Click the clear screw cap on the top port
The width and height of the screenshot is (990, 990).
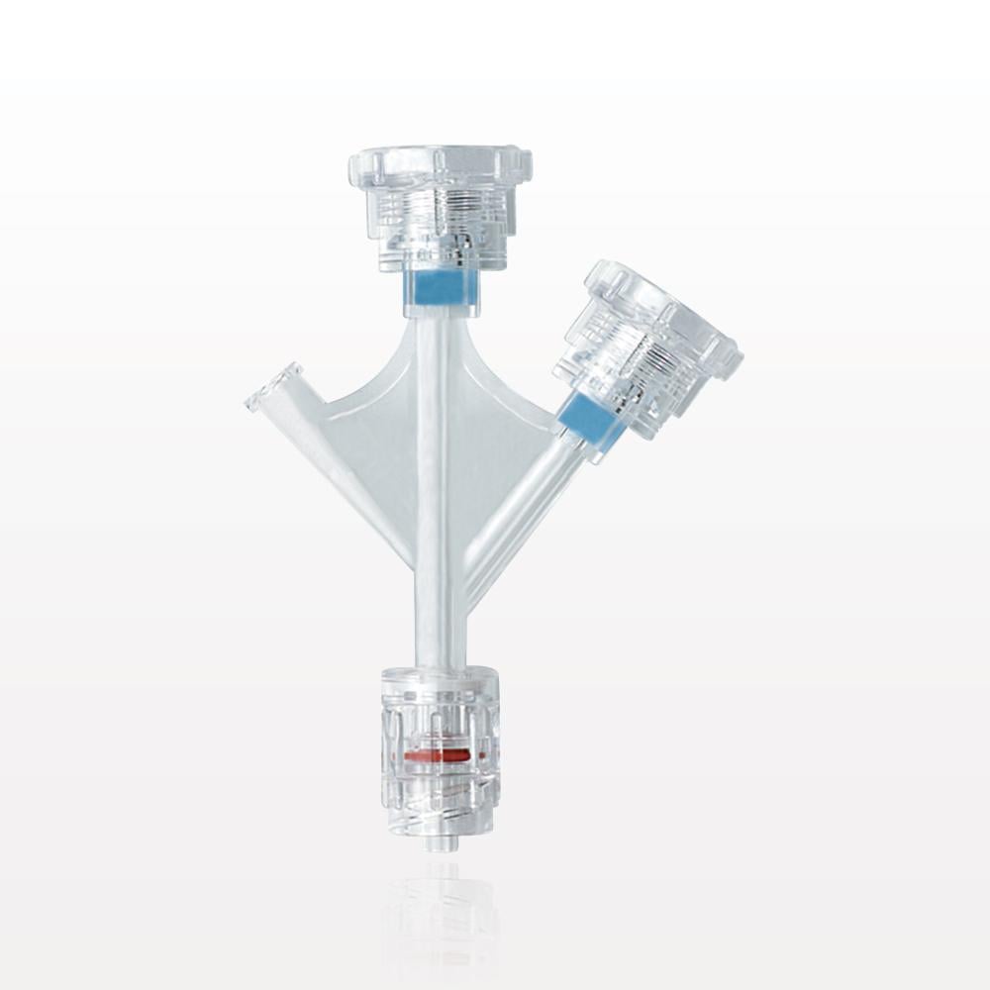pos(442,213)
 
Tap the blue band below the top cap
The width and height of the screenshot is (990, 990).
pos(441,289)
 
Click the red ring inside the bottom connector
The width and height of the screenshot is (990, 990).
pos(439,755)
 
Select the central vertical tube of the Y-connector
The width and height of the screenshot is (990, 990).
pos(436,495)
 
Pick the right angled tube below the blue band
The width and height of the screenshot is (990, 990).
pos(525,515)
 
